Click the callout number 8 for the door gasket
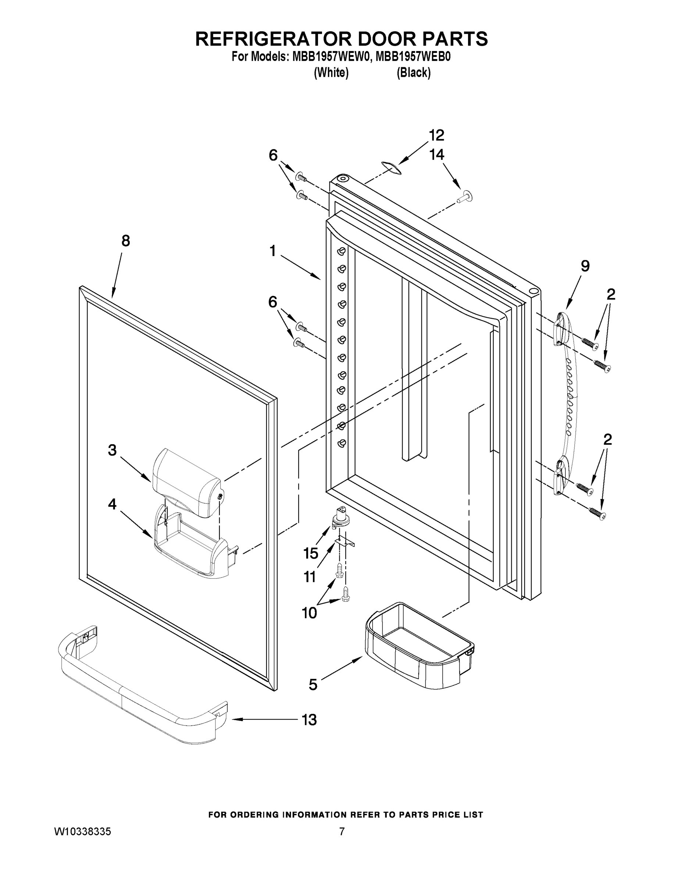[x=126, y=241]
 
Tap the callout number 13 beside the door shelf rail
[x=310, y=720]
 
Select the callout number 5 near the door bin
[x=313, y=684]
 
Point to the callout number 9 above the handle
[x=585, y=266]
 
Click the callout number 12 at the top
[x=437, y=135]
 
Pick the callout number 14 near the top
[x=437, y=155]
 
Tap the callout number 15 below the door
[x=311, y=553]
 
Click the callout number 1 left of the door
[x=273, y=251]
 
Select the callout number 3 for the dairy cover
[x=113, y=450]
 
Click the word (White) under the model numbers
[x=331, y=73]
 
